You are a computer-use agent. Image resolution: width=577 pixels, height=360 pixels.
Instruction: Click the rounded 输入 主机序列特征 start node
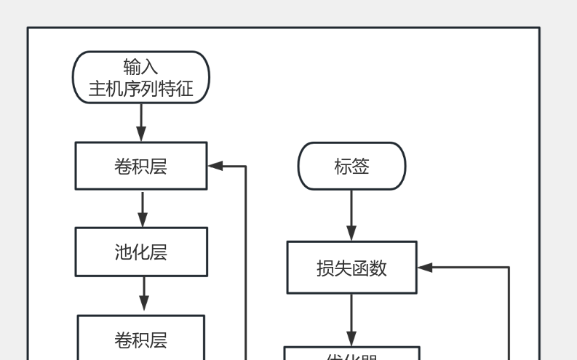click(140, 77)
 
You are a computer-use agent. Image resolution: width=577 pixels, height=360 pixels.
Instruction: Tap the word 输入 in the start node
click(140, 67)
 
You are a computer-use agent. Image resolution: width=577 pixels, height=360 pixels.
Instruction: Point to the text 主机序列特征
click(140, 89)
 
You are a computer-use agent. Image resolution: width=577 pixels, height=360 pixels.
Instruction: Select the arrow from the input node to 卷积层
click(141, 122)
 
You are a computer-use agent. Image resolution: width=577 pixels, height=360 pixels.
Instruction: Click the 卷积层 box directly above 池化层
click(140, 166)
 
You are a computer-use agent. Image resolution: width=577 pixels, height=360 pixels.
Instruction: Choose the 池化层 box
click(140, 252)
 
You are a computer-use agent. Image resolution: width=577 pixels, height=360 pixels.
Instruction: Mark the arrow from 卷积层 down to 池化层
click(143, 209)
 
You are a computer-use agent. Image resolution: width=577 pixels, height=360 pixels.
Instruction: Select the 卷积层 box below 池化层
click(140, 338)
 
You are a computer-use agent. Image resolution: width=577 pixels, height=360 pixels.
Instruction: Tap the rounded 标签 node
click(351, 167)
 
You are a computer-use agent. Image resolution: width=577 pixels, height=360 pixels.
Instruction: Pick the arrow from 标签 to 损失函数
click(351, 215)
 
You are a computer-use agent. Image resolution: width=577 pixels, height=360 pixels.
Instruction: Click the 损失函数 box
click(351, 268)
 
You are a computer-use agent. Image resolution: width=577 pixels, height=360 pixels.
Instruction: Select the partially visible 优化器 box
click(351, 354)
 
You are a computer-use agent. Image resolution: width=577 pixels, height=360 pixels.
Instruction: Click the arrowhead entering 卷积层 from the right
click(215, 166)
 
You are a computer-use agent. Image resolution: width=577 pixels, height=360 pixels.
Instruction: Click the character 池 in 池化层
click(123, 252)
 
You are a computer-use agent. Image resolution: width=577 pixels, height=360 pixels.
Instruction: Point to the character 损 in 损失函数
click(325, 268)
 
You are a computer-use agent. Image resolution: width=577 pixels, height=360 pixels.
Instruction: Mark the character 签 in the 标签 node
click(361, 167)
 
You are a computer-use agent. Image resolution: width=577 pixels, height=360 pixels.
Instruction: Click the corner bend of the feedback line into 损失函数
click(508, 268)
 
